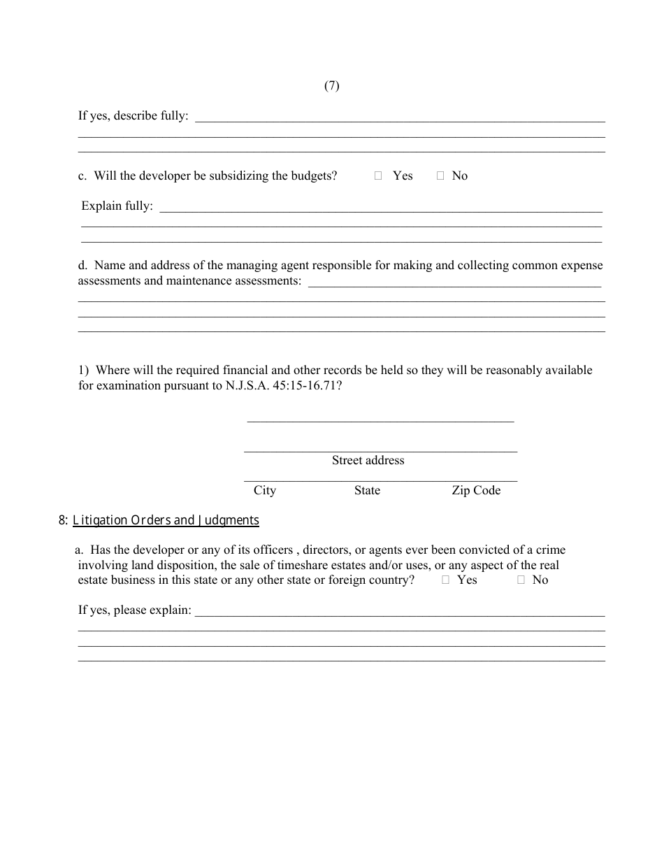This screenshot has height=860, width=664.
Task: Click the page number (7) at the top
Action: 332,86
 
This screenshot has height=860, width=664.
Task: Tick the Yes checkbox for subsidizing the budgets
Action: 378,176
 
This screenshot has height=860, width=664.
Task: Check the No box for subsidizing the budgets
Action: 440,176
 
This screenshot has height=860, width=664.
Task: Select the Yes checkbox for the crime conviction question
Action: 445,580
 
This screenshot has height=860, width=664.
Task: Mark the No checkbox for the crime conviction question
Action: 521,580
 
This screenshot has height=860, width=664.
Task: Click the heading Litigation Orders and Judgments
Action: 166,520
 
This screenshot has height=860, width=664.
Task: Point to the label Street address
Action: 368,460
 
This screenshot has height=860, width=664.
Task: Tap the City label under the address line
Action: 265,490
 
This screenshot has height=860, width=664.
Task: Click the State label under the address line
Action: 367,490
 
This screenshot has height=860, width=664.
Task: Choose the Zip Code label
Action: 476,490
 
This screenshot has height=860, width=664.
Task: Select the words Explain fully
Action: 117,206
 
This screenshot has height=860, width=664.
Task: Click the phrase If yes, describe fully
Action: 133,116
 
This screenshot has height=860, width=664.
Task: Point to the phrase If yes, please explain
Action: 134,610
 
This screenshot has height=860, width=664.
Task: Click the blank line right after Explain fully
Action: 381,208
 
